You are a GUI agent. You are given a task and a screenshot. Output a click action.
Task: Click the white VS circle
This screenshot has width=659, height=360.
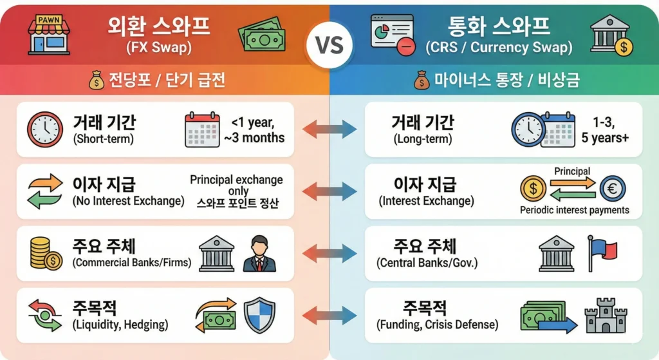tap(329, 46)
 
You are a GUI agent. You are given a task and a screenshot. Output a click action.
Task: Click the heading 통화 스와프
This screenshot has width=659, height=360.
tap(498, 27)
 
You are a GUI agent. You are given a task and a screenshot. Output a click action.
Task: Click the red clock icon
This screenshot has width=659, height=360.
tap(44, 129)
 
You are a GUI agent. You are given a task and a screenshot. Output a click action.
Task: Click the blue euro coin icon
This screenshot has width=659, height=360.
tap(612, 188)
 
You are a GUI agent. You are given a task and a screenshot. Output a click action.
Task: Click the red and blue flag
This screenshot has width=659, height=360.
tap(602, 252)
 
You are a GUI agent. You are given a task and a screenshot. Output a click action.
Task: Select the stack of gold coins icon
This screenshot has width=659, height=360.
tap(46, 253)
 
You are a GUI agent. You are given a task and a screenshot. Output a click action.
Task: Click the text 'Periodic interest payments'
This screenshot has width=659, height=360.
tap(574, 211)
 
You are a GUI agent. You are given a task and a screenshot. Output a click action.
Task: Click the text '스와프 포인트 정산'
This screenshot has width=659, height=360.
tap(236, 204)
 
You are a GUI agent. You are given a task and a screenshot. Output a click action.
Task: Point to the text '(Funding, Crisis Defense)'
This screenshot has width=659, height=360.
tap(437, 325)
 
